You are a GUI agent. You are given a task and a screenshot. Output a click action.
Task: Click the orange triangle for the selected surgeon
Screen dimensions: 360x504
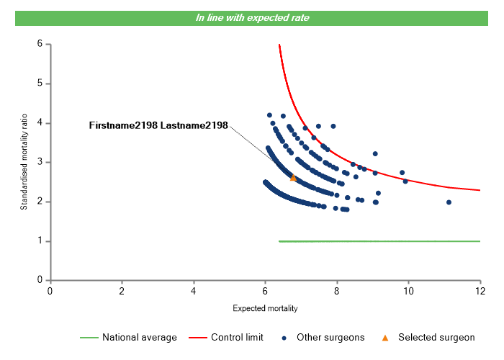click(293, 177)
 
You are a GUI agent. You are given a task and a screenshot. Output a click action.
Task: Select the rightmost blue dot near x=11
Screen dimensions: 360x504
click(449, 202)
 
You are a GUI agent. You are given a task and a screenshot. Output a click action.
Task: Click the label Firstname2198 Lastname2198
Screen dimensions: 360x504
click(158, 125)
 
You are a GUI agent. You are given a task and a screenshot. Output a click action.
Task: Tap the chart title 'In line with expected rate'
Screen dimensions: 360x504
click(252, 17)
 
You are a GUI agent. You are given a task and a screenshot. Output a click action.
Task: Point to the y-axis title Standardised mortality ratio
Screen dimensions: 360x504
click(24, 162)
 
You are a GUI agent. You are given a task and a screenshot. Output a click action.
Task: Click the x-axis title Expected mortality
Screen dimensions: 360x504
click(265, 308)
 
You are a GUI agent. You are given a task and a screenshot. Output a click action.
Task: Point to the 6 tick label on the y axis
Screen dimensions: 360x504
click(39, 44)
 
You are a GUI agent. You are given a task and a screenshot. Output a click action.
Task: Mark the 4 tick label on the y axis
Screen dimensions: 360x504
click(39, 123)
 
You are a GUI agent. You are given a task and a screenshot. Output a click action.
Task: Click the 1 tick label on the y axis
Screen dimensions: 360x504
click(39, 241)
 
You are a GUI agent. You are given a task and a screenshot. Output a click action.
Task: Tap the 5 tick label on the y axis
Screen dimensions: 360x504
click(39, 84)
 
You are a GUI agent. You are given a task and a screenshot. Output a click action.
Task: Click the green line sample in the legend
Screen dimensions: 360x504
click(89, 337)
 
